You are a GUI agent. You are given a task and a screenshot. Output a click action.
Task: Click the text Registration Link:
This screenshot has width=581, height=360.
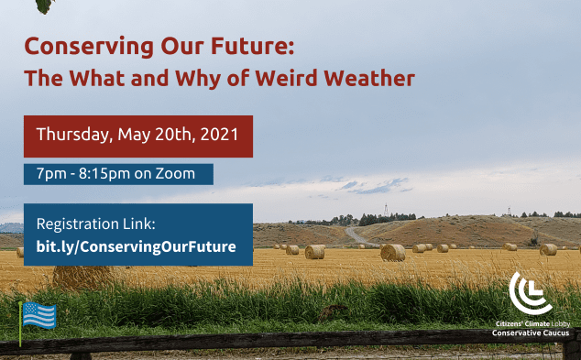(x=96, y=224)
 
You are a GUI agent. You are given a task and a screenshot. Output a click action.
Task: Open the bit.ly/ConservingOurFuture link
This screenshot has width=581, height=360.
(x=136, y=247)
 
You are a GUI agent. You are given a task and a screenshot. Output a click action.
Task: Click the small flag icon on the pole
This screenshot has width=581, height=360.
(x=39, y=316)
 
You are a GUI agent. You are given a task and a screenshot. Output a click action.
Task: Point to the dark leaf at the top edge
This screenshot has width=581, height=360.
(x=44, y=5)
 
